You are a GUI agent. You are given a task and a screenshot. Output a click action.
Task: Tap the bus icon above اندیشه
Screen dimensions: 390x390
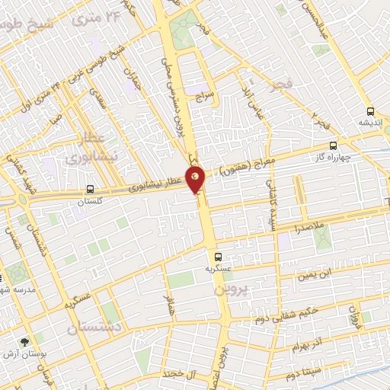point(370,110)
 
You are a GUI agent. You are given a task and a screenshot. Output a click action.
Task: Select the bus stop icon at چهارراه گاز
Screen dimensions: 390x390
point(332,145)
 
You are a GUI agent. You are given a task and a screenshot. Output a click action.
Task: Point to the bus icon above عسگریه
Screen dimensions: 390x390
point(219,257)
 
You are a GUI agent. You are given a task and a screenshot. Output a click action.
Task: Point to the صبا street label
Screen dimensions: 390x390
point(53,119)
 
